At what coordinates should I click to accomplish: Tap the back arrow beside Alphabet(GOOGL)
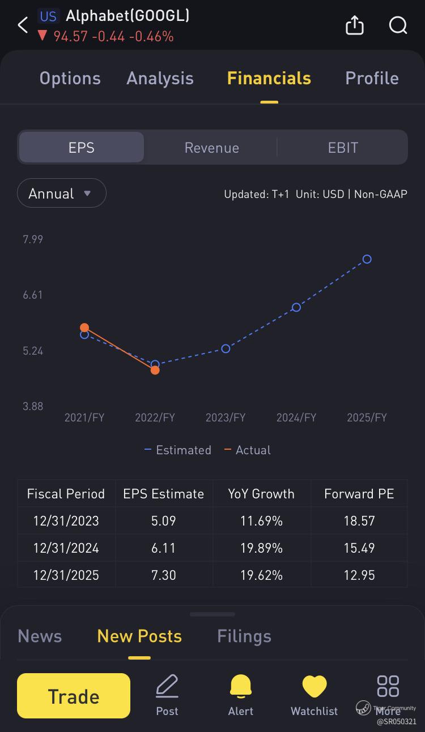point(23,25)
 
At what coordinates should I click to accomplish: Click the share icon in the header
point(355,25)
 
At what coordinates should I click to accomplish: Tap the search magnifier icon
point(398,25)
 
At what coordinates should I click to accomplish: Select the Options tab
point(70,78)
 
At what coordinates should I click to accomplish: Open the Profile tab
point(372,78)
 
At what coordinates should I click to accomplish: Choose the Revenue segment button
point(212,148)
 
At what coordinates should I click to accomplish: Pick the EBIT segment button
point(343,148)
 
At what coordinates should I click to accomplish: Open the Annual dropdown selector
point(61,193)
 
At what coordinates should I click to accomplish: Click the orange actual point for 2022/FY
point(155,370)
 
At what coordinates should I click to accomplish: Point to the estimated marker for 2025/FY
point(367,259)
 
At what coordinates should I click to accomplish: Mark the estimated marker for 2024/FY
point(296,307)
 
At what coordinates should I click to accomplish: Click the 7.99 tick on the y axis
point(33,239)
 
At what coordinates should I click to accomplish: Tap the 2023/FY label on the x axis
point(226,417)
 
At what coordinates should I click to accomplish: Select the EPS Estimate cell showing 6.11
point(163,548)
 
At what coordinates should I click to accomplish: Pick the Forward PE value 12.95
point(359,575)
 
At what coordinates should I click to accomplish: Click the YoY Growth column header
point(261,494)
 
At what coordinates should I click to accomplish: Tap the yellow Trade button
point(74,696)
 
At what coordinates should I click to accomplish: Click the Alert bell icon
point(241,687)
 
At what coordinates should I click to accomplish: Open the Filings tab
point(244,636)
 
